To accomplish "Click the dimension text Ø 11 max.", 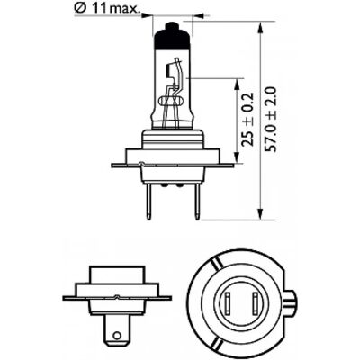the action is tap(107, 9).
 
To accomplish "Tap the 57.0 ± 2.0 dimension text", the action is tap(272, 120).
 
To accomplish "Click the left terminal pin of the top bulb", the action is tap(148, 202).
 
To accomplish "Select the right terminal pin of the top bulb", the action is tap(197, 202).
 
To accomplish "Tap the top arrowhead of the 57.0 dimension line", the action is tap(261, 27).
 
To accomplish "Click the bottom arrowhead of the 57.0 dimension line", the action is tap(261, 214).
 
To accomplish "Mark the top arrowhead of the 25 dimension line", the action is tap(238, 84).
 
